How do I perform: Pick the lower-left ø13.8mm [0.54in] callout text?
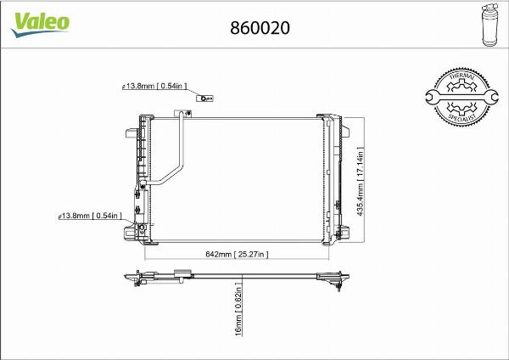tap(91, 217)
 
